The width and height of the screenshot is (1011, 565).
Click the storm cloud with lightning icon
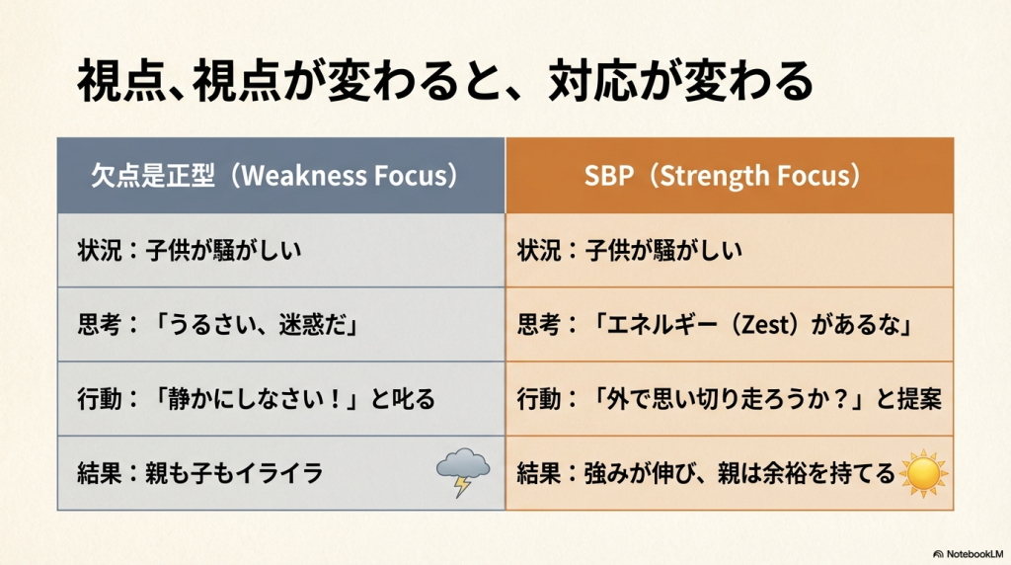pyautogui.click(x=463, y=472)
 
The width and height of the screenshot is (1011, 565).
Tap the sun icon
pyautogui.click(x=923, y=473)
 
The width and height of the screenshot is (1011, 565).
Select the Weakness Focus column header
pyautogui.click(x=281, y=176)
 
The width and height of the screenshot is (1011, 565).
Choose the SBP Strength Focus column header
pyautogui.click(x=730, y=176)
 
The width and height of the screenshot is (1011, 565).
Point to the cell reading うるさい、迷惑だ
pyautogui.click(x=281, y=324)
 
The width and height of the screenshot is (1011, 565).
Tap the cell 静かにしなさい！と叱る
pyautogui.click(x=281, y=399)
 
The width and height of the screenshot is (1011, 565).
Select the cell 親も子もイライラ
pyautogui.click(x=281, y=473)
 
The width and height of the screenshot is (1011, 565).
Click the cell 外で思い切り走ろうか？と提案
pyautogui.click(x=730, y=399)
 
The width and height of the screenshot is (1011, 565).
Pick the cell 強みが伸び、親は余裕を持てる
pyautogui.click(x=730, y=473)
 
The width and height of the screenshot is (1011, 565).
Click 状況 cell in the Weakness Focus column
pyautogui.click(x=281, y=250)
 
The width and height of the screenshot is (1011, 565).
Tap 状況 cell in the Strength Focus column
pyautogui.click(x=730, y=250)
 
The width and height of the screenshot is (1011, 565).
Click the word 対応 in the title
pyautogui.click(x=592, y=81)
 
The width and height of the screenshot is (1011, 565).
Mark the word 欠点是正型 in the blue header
pyautogui.click(x=153, y=176)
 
